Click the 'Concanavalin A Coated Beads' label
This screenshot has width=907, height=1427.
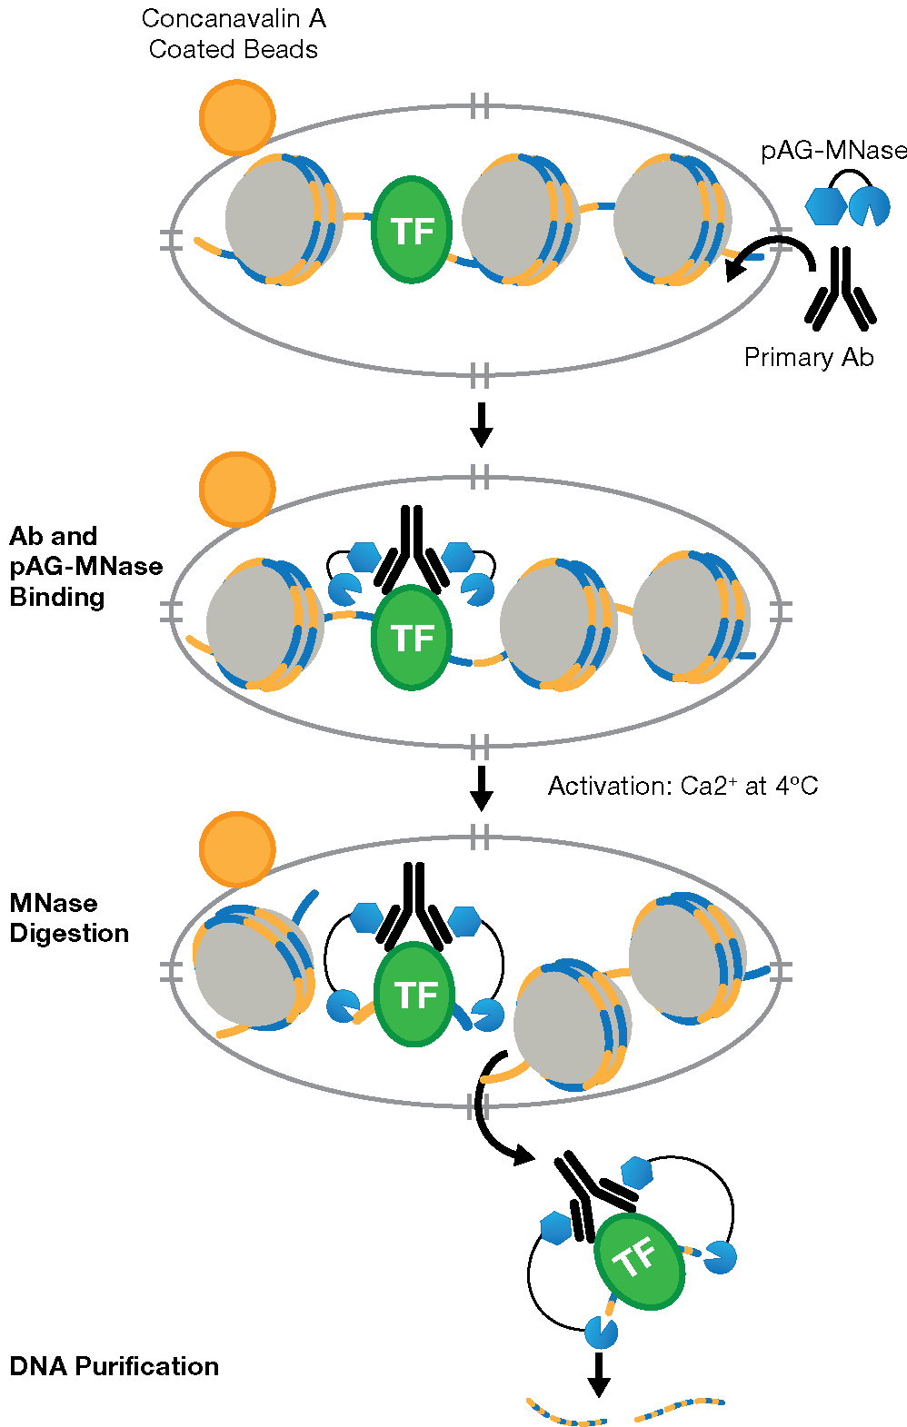click(x=234, y=34)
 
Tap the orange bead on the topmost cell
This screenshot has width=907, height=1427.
click(x=237, y=117)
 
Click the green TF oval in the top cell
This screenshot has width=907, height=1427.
click(x=412, y=230)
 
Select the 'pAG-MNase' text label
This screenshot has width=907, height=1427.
click(x=833, y=151)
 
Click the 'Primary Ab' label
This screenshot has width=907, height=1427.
click(x=808, y=358)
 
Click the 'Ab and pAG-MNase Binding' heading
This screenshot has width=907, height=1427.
click(x=85, y=566)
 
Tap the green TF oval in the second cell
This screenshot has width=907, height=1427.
click(x=412, y=637)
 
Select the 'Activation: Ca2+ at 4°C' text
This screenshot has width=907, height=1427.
click(x=683, y=786)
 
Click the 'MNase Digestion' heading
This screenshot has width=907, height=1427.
click(x=69, y=917)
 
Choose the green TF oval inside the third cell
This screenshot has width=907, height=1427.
click(x=414, y=994)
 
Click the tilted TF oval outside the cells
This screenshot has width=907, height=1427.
click(x=638, y=1261)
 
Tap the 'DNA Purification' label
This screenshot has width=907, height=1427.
click(x=114, y=1366)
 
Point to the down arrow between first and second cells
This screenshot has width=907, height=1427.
click(x=482, y=424)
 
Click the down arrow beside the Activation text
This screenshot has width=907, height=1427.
click(x=482, y=788)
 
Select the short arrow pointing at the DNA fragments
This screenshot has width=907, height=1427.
click(x=598, y=1373)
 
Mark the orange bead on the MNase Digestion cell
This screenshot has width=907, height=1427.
click(x=237, y=849)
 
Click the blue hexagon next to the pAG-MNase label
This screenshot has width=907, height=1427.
click(x=825, y=207)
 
